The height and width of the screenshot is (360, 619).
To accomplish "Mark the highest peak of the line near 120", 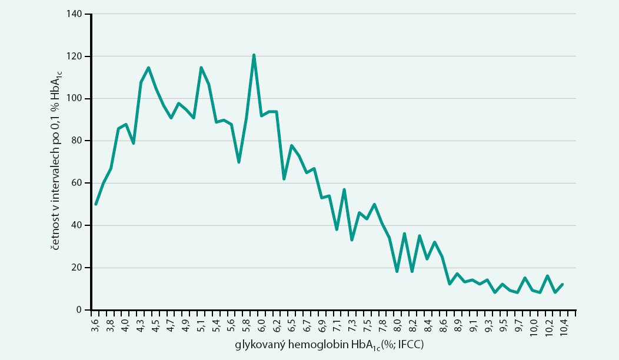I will point(254,55).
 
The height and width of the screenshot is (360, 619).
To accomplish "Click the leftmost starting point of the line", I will point(96,204).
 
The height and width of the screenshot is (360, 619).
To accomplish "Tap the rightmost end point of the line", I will point(563,284).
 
